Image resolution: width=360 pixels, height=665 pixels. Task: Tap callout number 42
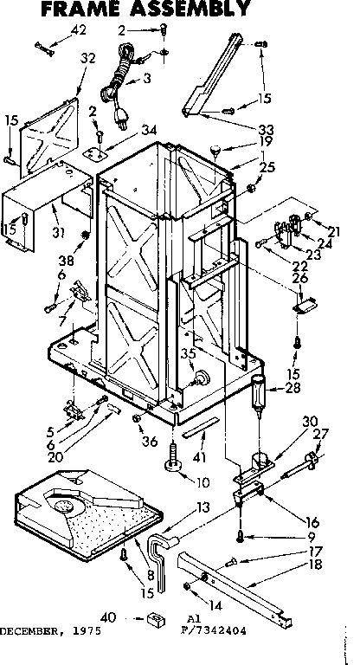(x=79, y=30)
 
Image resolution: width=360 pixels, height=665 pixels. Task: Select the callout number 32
(x=87, y=59)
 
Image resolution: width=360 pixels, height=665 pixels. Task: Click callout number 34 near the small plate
(x=150, y=131)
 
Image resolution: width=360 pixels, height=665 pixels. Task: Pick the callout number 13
(x=203, y=507)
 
